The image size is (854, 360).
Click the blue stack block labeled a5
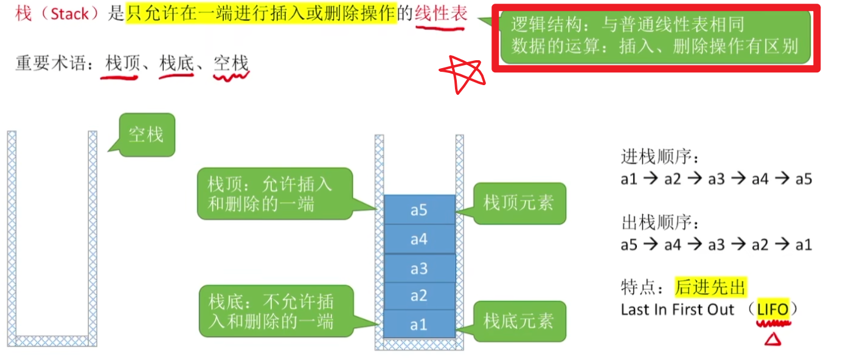click(x=419, y=210)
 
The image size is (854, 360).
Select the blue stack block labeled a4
click(x=419, y=239)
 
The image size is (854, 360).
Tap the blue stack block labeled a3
click(x=419, y=268)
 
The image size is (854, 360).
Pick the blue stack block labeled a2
click(x=419, y=296)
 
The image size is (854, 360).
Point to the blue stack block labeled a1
click(x=419, y=324)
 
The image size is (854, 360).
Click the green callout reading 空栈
click(x=146, y=134)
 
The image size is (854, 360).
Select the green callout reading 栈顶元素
click(x=519, y=203)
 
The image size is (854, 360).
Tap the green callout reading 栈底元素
click(x=519, y=320)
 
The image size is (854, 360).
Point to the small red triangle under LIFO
click(x=772, y=338)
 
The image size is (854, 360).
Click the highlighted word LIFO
click(x=772, y=310)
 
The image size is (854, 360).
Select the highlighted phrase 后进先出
click(x=710, y=287)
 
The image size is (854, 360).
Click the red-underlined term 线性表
click(x=441, y=14)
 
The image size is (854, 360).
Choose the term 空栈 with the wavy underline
click(x=231, y=63)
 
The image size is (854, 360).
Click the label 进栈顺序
click(x=660, y=157)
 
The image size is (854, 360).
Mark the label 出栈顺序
click(x=660, y=223)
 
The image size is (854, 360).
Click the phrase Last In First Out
click(x=678, y=310)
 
